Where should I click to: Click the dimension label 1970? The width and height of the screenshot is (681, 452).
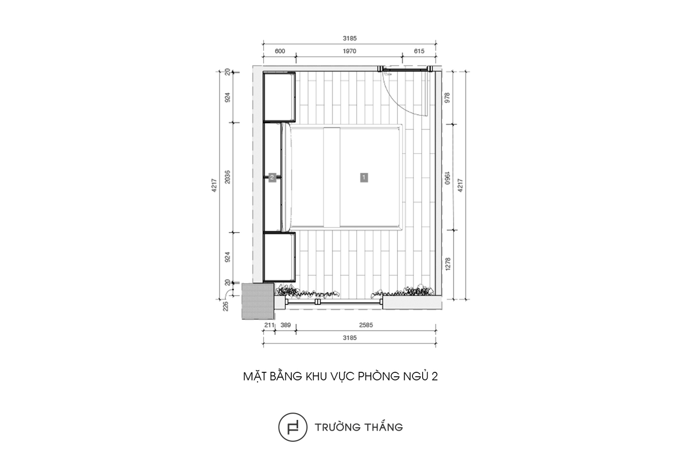pos(349,51)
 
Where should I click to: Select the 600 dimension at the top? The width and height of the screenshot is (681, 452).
pos(280,51)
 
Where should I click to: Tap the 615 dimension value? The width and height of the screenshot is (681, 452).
pos(419,51)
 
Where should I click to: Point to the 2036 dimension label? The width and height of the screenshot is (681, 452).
pos(227,177)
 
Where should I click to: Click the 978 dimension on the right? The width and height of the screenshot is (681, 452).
pos(447,98)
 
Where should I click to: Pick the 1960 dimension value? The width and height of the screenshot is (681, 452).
pos(447,178)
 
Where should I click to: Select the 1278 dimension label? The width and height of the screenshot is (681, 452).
pos(447,263)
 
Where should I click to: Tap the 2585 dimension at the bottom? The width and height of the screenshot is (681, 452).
pos(366,325)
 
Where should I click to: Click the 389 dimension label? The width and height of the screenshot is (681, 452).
pos(286,325)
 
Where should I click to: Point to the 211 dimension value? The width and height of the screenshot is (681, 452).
pos(269,325)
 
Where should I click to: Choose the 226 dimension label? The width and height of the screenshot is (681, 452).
pos(225,306)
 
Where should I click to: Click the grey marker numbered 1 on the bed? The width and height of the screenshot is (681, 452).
pos(364,177)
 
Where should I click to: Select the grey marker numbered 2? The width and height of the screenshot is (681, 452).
pos(272,177)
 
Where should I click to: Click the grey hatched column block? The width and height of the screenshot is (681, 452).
pos(258,301)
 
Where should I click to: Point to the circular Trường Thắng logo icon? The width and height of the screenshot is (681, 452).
pos(293,427)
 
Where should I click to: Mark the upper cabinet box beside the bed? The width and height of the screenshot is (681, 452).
pos(279,97)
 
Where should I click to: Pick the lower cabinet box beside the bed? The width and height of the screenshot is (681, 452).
pos(279,257)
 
